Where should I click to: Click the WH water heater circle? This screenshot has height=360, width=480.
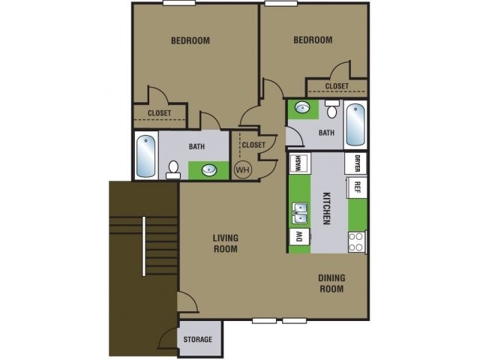(242, 169)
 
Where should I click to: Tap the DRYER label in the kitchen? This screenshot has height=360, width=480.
(358, 163)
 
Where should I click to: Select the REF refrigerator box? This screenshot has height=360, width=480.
(358, 187)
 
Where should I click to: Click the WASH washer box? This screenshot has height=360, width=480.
(298, 163)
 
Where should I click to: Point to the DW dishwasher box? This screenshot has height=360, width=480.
(298, 236)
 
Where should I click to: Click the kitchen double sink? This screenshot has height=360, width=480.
(300, 213)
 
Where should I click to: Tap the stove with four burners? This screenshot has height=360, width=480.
(357, 241)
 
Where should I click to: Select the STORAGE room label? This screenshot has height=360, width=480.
(199, 340)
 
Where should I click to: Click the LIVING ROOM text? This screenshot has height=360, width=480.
(225, 243)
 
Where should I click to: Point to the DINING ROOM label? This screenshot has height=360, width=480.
(331, 283)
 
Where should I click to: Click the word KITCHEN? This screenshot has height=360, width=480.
(326, 208)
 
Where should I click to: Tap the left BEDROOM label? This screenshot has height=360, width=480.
(190, 40)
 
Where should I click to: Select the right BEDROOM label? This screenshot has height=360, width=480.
(313, 40)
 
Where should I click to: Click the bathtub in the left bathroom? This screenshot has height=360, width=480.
(146, 155)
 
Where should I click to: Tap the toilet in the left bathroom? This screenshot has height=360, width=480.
(173, 169)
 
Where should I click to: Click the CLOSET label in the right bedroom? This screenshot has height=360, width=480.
(337, 86)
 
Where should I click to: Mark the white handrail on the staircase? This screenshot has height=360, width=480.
(143, 245)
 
